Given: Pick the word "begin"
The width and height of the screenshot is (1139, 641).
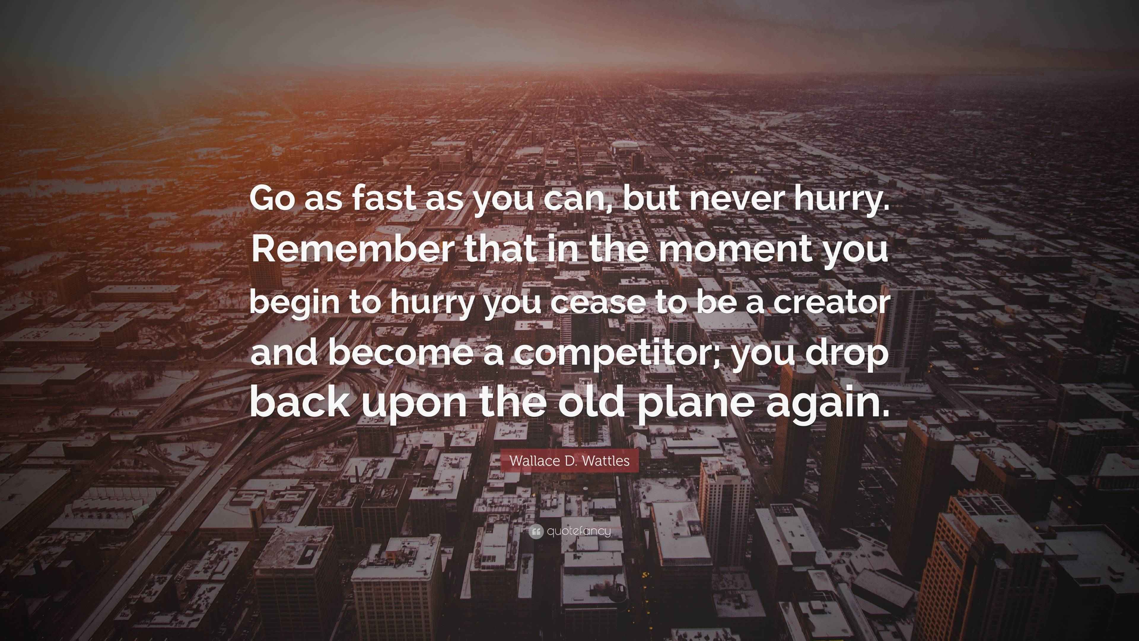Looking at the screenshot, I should (295, 302).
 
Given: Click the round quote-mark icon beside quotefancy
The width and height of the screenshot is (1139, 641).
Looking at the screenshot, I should (536, 531).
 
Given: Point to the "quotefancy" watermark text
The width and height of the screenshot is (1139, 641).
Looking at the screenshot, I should (579, 531).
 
